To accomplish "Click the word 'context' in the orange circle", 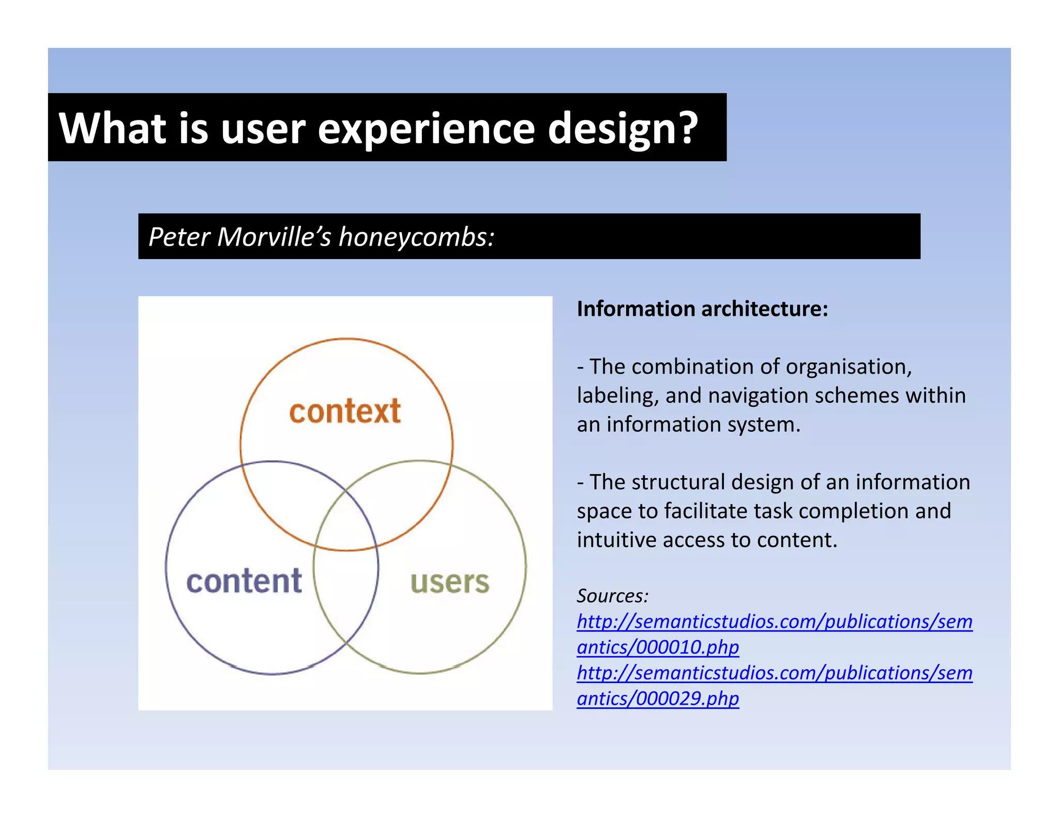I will (345, 412).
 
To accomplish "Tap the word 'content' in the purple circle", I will (244, 582).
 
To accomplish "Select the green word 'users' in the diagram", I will (449, 582).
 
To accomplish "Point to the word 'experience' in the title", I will (426, 129).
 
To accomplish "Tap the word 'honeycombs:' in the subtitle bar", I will (416, 237).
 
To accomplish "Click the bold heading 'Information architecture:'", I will (702, 309).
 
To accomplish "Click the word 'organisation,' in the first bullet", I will (849, 367).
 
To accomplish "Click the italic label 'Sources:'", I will (612, 596).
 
